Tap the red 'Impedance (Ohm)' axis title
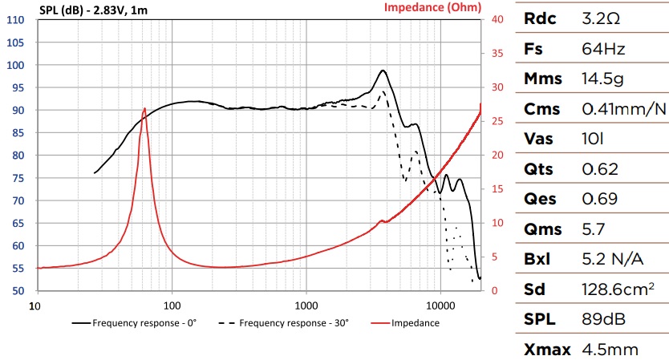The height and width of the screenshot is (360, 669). (432, 8)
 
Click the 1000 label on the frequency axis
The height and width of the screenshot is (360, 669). (306, 306)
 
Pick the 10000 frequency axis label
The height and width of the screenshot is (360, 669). (440, 306)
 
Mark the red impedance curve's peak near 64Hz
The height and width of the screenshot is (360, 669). (144, 108)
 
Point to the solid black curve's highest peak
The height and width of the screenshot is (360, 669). (383, 71)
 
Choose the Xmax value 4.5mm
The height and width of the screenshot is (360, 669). (610, 349)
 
